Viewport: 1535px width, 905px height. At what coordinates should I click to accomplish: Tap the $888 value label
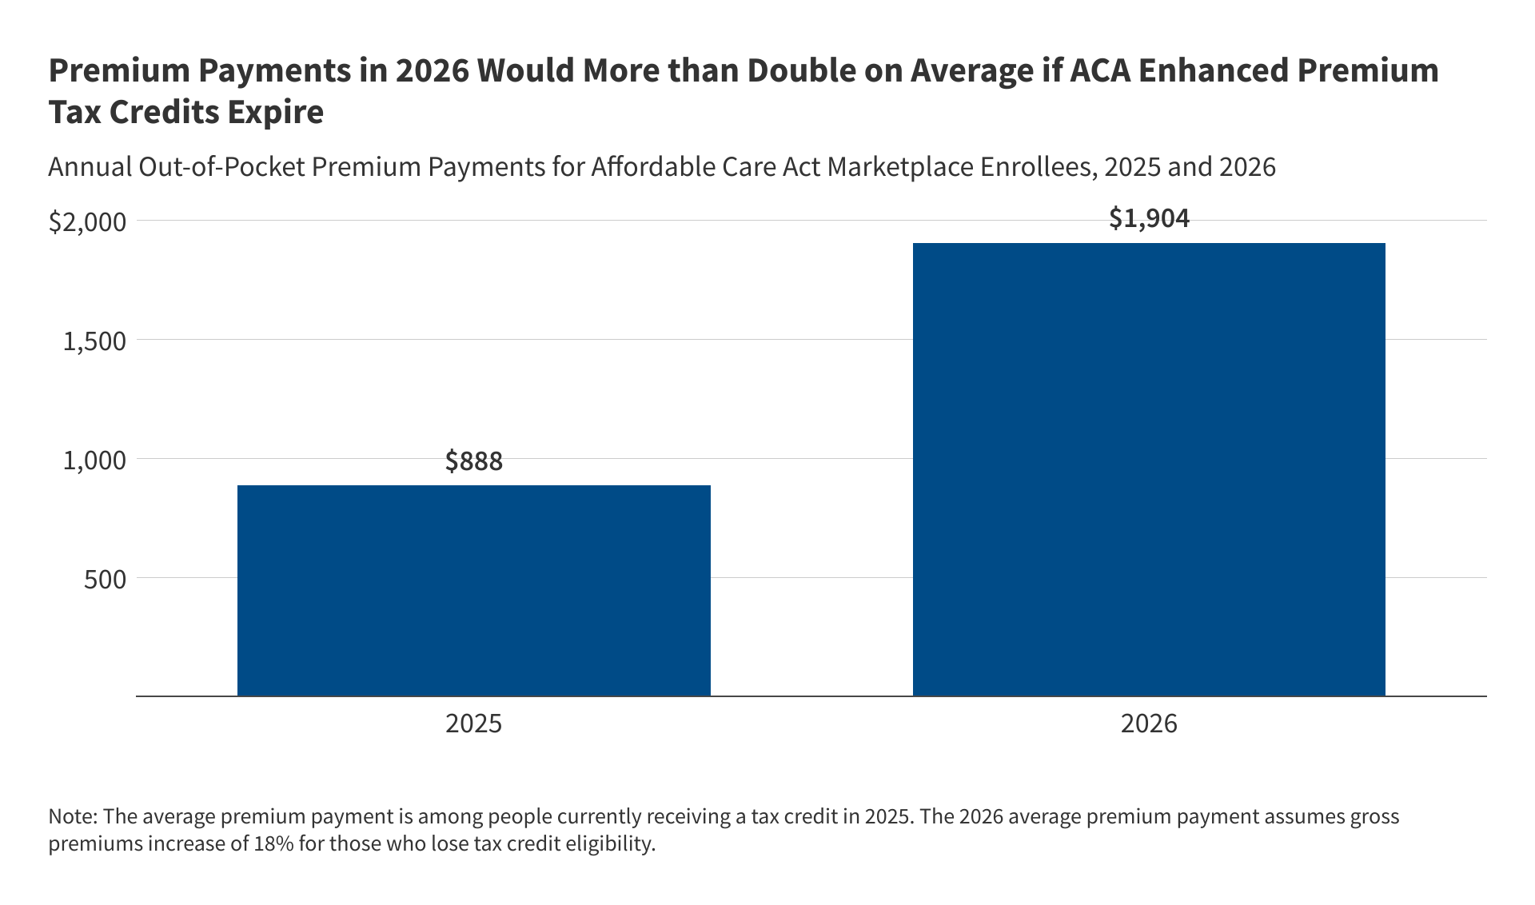(473, 461)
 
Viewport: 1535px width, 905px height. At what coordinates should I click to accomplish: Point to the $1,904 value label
(1149, 218)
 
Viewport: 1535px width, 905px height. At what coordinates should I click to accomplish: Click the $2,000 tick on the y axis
(88, 222)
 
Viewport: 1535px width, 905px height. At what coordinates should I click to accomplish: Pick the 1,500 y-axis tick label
(94, 341)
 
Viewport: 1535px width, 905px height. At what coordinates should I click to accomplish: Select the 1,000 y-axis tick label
(94, 460)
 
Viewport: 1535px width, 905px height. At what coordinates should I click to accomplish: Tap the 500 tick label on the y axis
(105, 580)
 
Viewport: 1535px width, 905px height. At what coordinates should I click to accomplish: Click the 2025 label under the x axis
(473, 724)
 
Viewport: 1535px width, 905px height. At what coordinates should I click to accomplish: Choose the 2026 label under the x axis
(1149, 724)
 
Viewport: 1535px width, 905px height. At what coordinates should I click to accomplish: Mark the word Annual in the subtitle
(89, 167)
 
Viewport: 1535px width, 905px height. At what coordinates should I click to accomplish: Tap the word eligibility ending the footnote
(611, 843)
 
